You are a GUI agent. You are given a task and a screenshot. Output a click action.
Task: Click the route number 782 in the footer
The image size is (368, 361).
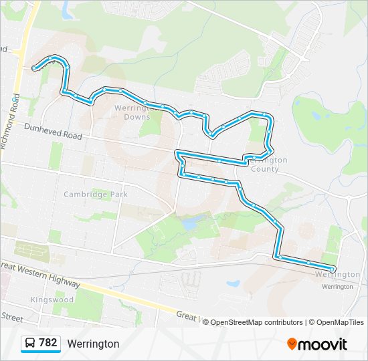click(48, 343)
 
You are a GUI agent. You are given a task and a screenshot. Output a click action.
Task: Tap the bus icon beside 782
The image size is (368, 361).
click(30, 344)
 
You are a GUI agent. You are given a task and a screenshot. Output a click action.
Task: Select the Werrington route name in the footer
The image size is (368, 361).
click(93, 344)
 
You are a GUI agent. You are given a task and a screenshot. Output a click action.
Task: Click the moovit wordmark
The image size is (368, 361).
click(323, 344)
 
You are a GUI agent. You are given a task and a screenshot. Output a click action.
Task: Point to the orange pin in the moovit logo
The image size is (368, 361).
click(292, 344)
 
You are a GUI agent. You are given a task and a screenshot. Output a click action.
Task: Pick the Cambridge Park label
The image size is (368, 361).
click(96, 195)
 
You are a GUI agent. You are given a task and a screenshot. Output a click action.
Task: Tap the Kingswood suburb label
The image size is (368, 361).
click(53, 300)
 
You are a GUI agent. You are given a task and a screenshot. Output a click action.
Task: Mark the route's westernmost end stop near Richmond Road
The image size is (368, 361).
click(34, 68)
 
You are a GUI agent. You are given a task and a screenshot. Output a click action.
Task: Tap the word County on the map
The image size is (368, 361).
click(265, 169)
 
